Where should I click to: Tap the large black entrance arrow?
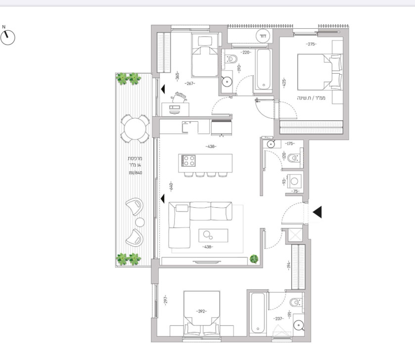317,212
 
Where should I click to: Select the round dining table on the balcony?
135,129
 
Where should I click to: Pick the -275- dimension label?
311,45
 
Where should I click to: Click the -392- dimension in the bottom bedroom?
201,312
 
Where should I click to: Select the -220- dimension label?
246,52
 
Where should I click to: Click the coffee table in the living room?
213,236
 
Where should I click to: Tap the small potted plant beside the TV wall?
254,258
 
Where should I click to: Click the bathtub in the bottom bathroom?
258,314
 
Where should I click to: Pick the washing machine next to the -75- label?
296,181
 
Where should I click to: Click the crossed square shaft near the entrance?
295,234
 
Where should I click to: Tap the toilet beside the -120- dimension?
294,158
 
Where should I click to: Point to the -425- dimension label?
284,83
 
